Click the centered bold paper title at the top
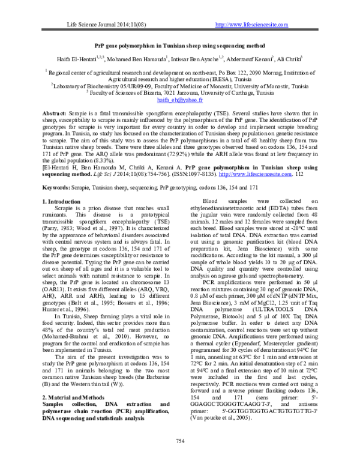tap(179, 45)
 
